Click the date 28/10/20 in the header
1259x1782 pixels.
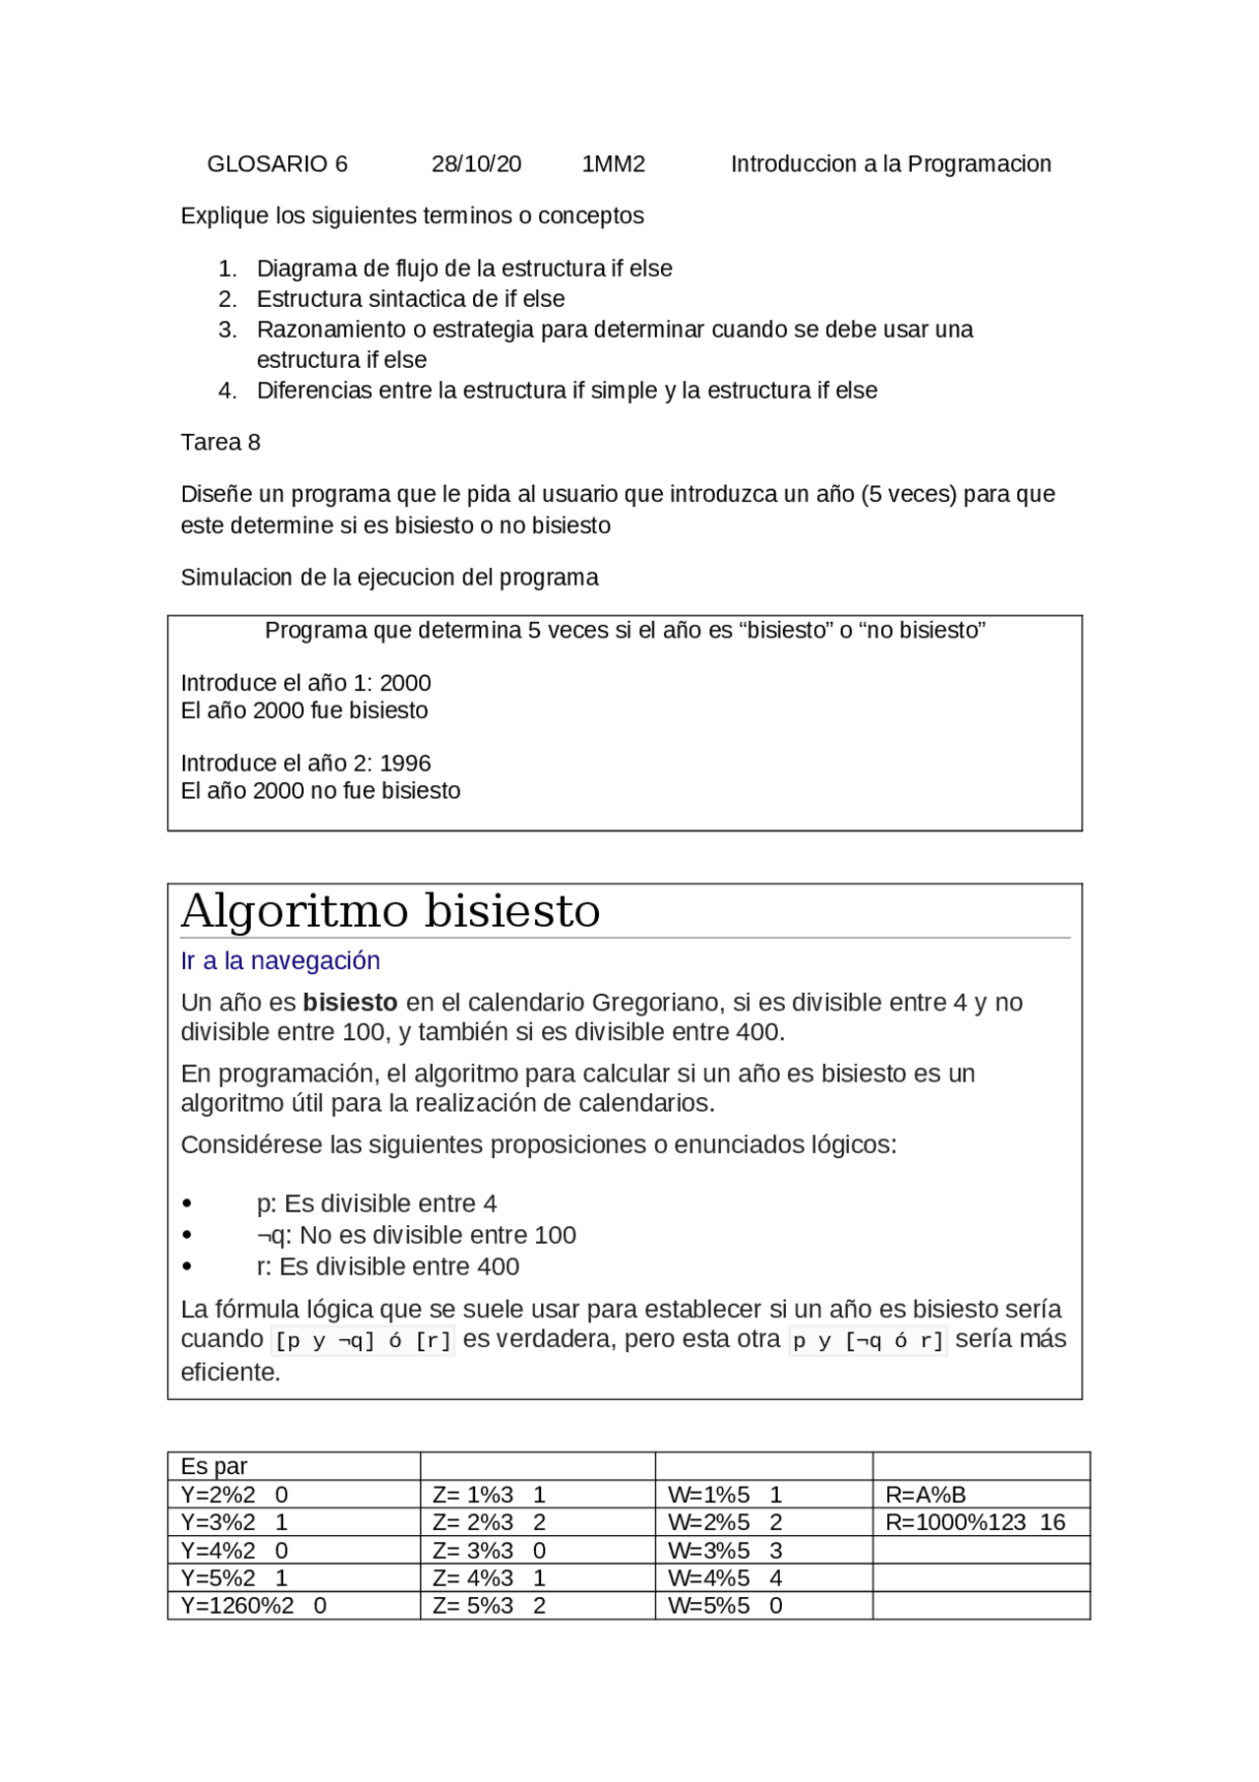point(476,164)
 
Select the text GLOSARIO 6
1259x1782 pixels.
point(277,164)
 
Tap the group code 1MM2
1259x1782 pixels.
point(613,164)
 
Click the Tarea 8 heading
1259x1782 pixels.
point(220,443)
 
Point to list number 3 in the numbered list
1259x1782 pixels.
point(227,330)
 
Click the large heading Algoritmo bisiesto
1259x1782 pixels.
point(390,911)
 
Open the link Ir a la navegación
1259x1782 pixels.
point(280,961)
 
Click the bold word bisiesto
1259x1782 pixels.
point(350,1003)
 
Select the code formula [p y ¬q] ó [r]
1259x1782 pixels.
point(363,1340)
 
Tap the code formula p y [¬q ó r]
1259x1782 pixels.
point(868,1340)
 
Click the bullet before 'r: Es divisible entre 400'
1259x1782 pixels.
point(187,1267)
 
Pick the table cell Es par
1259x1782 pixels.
point(214,1466)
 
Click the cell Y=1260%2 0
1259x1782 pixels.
point(254,1606)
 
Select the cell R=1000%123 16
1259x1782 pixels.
point(975,1522)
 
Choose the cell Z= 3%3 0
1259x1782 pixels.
point(489,1551)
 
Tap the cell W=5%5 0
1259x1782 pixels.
point(725,1606)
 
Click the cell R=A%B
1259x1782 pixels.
point(926,1495)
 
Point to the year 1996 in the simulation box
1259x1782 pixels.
point(405,764)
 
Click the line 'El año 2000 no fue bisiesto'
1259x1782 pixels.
point(321,791)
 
